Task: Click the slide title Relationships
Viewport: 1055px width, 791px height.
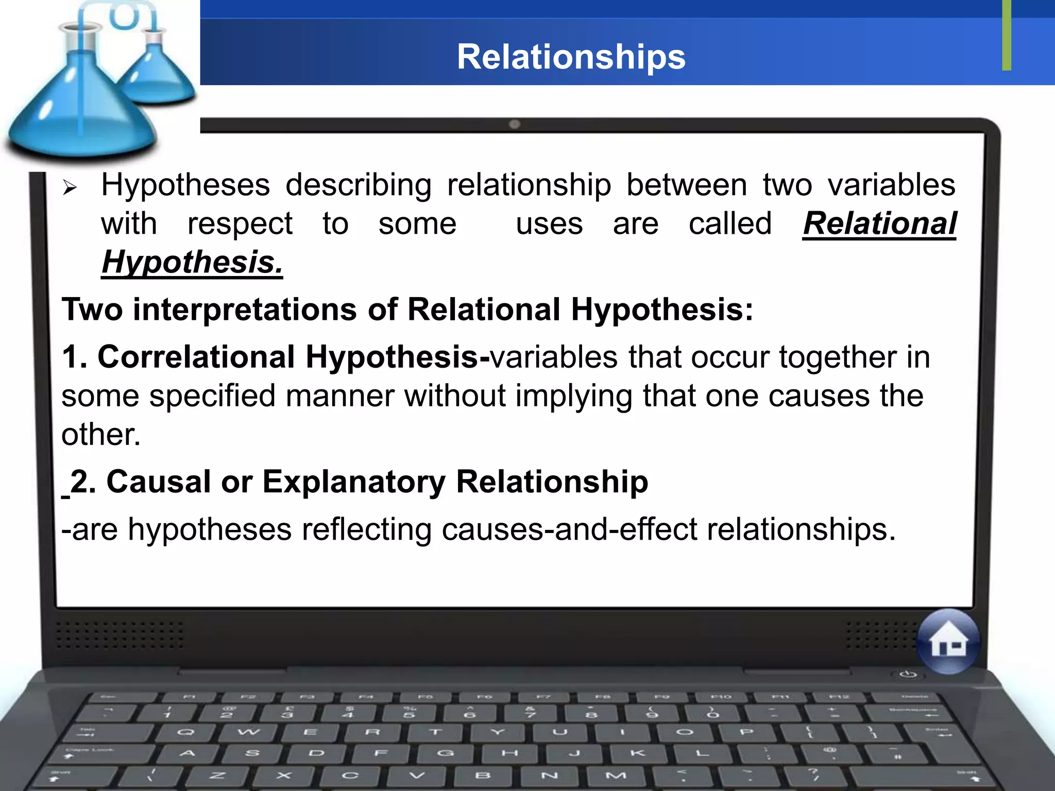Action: (x=571, y=57)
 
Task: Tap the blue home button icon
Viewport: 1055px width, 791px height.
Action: (x=948, y=642)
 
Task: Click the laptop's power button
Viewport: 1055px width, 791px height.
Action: (x=909, y=674)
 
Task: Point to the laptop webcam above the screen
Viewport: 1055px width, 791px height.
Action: (x=514, y=125)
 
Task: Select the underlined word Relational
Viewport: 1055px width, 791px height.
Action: (x=879, y=223)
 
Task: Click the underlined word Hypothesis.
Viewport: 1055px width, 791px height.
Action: (x=192, y=262)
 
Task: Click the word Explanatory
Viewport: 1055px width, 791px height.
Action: (x=354, y=482)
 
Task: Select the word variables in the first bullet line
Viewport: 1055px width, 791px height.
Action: (x=891, y=185)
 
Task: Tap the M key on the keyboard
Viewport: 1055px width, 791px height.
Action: (x=616, y=775)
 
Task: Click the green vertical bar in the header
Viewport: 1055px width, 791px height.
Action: (x=1007, y=35)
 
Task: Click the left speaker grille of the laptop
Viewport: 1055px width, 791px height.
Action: (x=120, y=634)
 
